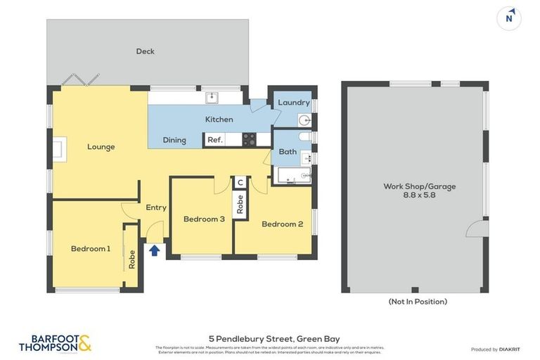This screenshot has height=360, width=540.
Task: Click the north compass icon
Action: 508,18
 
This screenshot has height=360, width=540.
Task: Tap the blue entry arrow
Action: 154,249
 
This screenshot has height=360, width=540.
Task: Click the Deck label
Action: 146,51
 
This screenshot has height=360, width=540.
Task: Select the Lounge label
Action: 101,147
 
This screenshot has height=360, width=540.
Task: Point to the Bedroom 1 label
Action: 90,248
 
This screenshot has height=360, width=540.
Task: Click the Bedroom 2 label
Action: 282,224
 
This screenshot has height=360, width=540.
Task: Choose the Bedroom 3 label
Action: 204,219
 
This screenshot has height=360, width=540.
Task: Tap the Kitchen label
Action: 219,120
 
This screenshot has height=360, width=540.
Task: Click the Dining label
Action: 174,140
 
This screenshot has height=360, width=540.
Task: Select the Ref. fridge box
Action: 215,140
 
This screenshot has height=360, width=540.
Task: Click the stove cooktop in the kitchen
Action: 249,139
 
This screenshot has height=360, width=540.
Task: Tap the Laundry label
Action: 293,103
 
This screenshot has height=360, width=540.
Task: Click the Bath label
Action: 287,151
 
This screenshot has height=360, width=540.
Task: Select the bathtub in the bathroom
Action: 294,175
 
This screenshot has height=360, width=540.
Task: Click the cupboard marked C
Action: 240,183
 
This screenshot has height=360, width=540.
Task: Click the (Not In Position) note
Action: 418,302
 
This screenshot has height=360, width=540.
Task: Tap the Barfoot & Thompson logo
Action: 55,343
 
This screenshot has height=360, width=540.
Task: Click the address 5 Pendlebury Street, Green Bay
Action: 274,339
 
